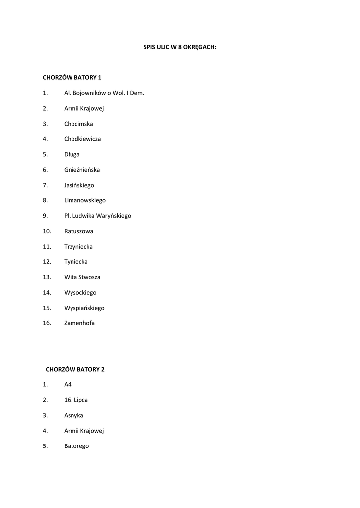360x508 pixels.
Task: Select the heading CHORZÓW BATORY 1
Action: coord(72,77)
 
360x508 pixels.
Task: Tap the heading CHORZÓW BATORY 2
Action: coord(75,369)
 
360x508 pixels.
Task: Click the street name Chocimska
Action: coord(78,124)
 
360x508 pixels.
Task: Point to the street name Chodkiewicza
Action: coord(82,139)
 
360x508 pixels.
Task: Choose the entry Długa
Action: coord(72,154)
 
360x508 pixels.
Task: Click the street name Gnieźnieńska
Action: coord(82,170)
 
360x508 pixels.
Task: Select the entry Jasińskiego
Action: coord(79,185)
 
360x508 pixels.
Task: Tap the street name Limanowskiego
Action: coord(85,200)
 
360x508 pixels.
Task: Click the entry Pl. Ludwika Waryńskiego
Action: coord(97,216)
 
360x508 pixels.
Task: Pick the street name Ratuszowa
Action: coord(78,231)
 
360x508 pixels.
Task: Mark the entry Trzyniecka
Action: coord(78,247)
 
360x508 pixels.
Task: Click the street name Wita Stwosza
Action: coord(82,277)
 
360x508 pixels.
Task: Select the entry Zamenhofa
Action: coord(79,323)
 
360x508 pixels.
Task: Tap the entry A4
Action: coord(68,384)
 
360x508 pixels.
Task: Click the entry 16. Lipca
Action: coord(76,400)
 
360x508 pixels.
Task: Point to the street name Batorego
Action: coord(76,446)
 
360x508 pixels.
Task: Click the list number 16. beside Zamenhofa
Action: coord(47,323)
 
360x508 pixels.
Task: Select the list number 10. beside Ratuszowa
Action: coord(47,231)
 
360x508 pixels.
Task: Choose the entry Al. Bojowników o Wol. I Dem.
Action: coord(104,93)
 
